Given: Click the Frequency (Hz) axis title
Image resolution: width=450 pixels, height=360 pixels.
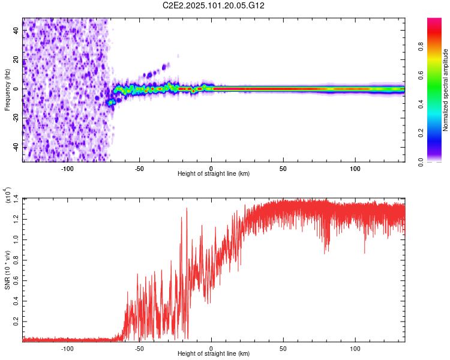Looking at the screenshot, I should click(x=7, y=90).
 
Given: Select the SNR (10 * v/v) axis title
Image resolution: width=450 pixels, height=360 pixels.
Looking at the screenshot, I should click(x=7, y=268).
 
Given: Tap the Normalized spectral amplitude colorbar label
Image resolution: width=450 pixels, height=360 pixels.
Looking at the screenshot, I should click(x=446, y=90).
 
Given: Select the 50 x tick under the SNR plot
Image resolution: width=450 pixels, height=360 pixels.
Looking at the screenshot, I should click(x=283, y=347).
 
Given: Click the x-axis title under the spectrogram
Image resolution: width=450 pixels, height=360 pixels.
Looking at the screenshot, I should click(x=214, y=174).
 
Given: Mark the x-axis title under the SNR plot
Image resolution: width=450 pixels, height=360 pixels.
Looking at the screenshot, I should click(x=214, y=355).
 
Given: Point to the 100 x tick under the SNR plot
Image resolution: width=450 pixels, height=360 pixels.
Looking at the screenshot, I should click(x=355, y=347).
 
